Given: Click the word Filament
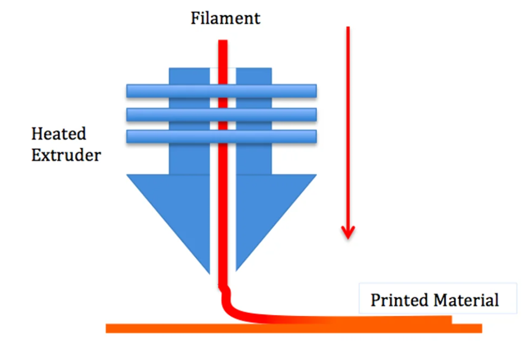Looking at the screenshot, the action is (x=225, y=18).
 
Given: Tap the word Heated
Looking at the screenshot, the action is (x=58, y=134).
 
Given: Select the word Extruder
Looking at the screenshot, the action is (x=66, y=156).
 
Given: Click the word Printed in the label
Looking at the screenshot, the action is (x=400, y=300).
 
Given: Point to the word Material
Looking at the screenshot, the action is (x=467, y=300).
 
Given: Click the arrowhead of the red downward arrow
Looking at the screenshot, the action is (x=348, y=232).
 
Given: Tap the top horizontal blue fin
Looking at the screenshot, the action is (x=221, y=91).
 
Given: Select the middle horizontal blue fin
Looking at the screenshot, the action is (x=221, y=114).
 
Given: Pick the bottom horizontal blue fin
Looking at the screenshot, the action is (x=221, y=136).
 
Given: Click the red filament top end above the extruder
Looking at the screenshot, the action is (x=223, y=41).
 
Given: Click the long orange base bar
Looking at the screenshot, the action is (x=294, y=328).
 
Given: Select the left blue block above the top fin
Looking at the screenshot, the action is (x=189, y=76).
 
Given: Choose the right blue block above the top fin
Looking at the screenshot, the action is (x=254, y=76).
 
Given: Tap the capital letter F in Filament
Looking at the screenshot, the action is (x=196, y=18).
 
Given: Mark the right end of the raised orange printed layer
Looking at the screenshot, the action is (x=451, y=320).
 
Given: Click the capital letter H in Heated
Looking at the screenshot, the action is (x=38, y=134).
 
